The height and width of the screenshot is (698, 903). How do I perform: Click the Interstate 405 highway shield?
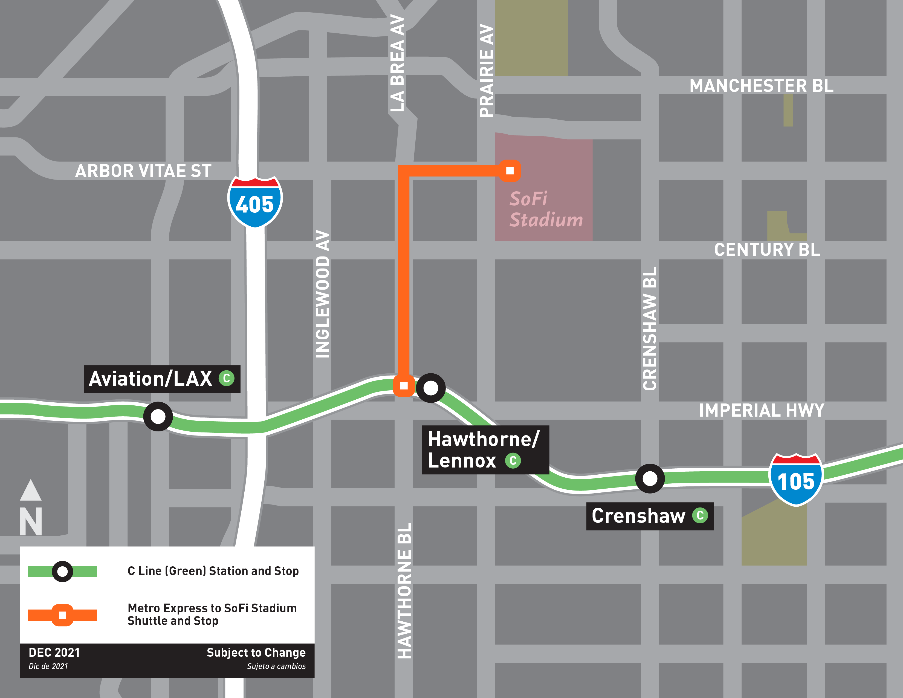255,202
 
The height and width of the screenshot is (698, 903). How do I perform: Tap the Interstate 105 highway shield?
796,480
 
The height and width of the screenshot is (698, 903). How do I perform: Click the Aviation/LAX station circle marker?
158,416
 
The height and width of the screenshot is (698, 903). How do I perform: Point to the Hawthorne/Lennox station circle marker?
430,388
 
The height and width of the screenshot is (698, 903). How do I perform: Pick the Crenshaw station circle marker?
650,478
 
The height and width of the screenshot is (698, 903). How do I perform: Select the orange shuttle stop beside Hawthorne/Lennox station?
404,386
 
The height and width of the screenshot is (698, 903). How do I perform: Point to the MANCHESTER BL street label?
761,86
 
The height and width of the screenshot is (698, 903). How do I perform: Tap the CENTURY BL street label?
767,250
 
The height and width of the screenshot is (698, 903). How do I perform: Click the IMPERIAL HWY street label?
761,411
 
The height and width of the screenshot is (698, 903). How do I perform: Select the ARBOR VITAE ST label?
143,171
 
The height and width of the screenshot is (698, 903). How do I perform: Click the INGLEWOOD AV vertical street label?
323,294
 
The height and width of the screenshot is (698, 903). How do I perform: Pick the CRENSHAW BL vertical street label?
650,329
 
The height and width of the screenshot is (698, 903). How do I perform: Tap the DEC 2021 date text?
54,653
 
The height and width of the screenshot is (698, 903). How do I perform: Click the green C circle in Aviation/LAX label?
227,378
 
